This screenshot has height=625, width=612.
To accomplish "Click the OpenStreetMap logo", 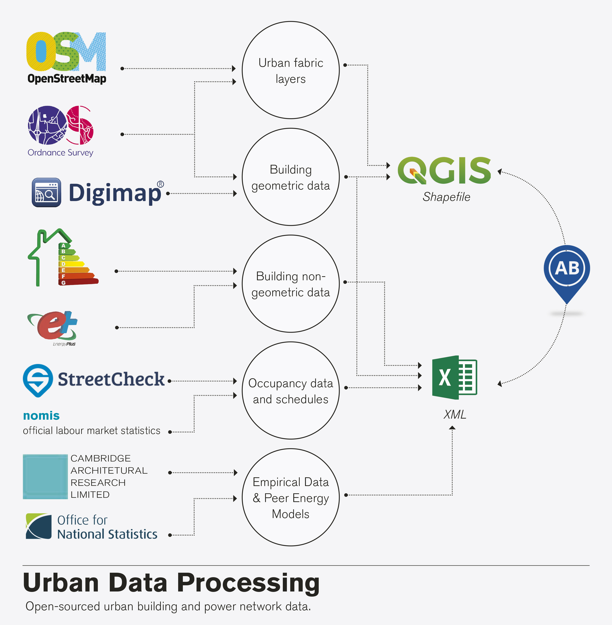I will [x=66, y=57].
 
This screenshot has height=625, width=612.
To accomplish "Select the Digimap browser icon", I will [x=46, y=192].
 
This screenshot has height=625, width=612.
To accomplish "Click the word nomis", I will [x=41, y=416].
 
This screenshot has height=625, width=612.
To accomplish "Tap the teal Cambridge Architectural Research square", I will [x=45, y=476].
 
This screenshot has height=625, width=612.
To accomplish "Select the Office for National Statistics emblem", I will [x=39, y=526].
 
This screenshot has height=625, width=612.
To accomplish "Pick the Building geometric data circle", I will [x=291, y=177].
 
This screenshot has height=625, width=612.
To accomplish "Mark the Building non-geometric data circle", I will [x=291, y=284].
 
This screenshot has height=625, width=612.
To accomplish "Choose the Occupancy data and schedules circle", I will [x=291, y=391].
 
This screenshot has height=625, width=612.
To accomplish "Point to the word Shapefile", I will [x=446, y=197].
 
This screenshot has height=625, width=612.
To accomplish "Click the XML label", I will [x=455, y=415].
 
